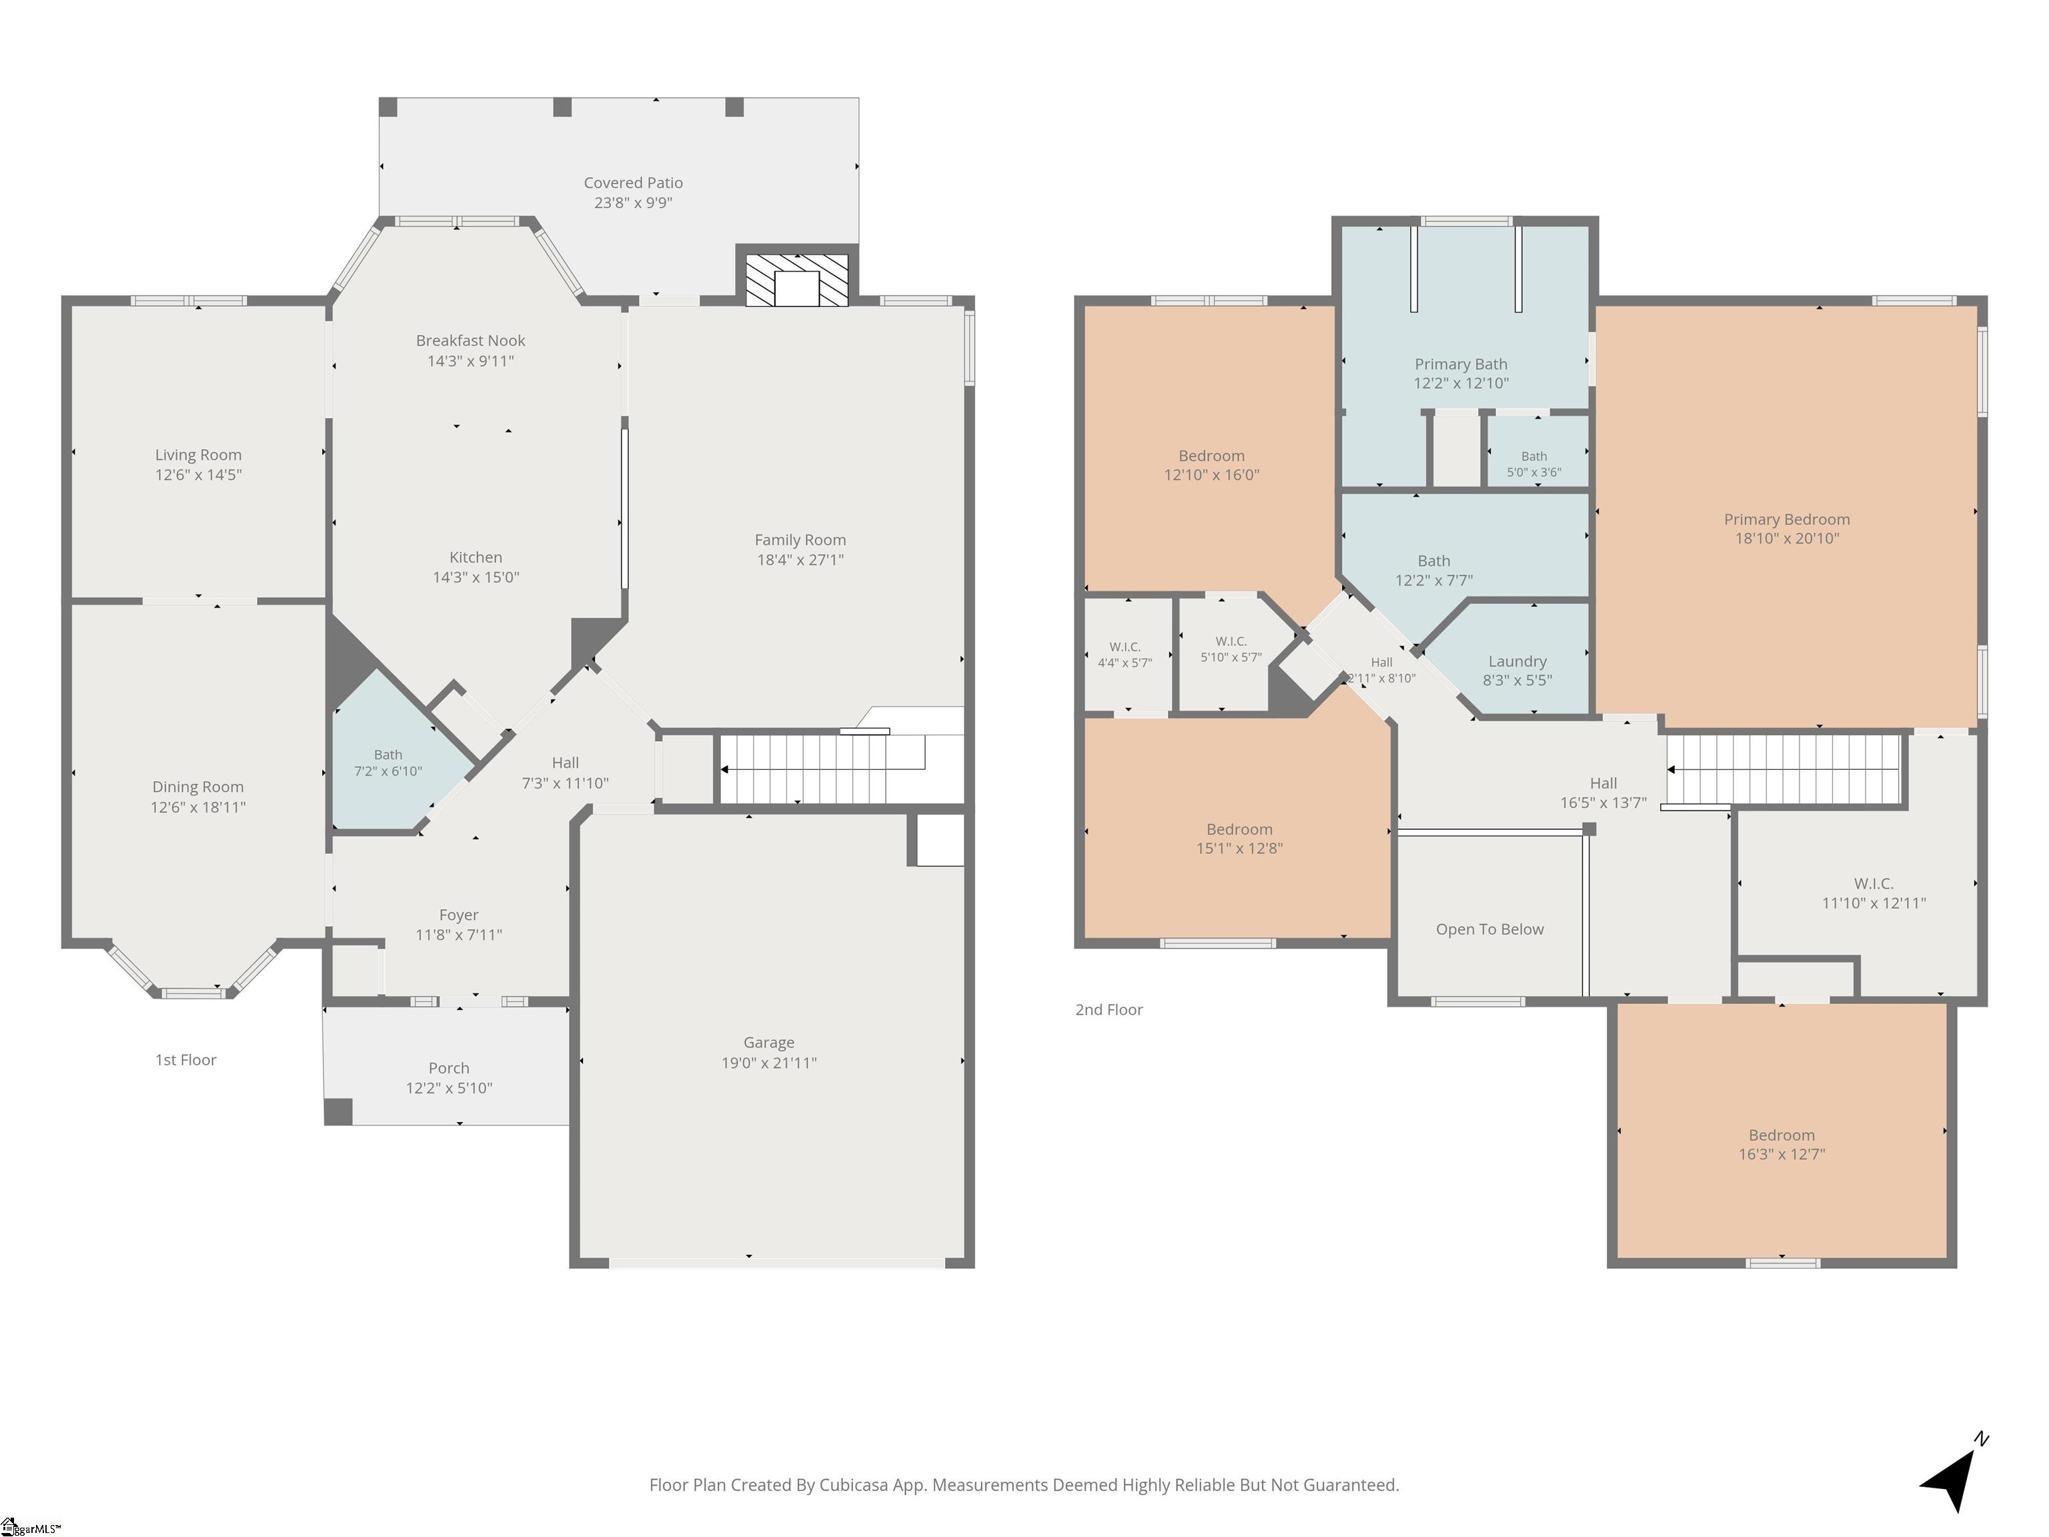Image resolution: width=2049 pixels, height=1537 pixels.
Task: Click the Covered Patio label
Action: tap(633, 183)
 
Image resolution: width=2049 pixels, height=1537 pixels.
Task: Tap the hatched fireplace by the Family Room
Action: tap(796, 280)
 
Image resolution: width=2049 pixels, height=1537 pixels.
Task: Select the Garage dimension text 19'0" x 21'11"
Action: tap(769, 1063)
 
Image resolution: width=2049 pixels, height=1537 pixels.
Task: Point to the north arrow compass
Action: tap(1954, 1472)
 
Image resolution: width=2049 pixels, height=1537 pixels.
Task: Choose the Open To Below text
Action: tap(1489, 929)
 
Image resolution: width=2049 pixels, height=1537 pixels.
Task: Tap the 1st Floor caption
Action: tap(185, 1060)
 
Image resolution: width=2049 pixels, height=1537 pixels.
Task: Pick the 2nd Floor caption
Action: tap(1109, 1010)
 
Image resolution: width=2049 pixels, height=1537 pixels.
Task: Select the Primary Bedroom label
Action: tap(1787, 520)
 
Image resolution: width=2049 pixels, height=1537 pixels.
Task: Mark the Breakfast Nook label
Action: tap(471, 341)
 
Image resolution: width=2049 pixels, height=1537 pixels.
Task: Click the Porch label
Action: tap(448, 1068)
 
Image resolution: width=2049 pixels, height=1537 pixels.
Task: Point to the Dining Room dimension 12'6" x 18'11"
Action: tap(198, 807)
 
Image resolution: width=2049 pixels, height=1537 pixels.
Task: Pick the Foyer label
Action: tap(458, 915)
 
